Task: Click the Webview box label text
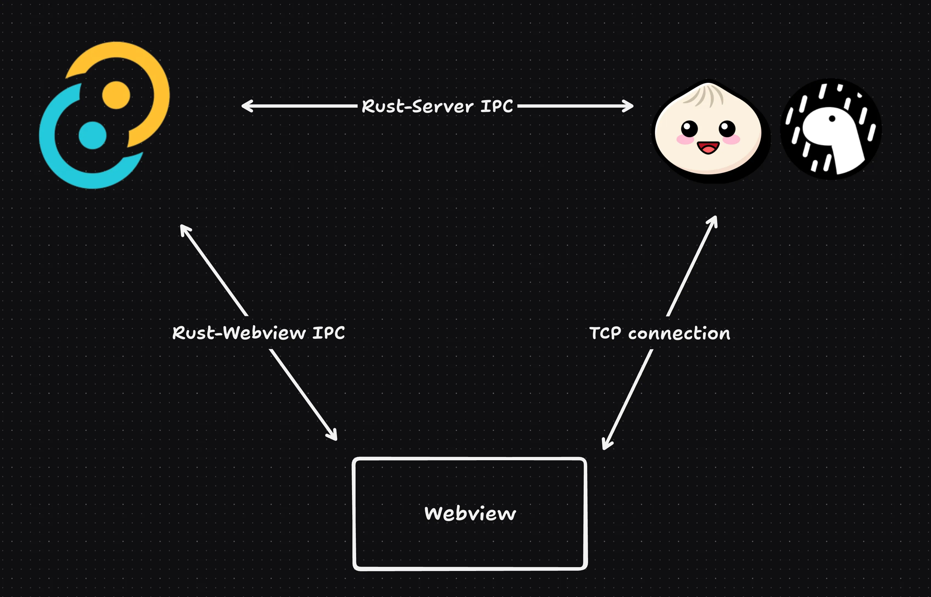tap(470, 513)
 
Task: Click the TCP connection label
tap(659, 333)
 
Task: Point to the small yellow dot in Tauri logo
tap(116, 95)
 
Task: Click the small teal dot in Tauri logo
tap(92, 135)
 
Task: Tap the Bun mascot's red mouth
tap(708, 147)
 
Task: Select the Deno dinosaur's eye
tap(832, 119)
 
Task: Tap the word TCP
tap(605, 333)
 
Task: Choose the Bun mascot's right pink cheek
tap(731, 140)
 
